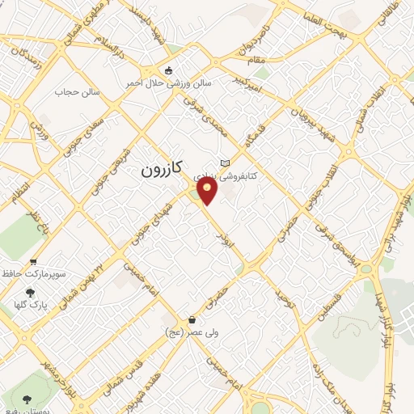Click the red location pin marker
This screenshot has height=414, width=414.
coord(208,191)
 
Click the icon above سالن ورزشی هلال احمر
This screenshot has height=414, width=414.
coord(168,71)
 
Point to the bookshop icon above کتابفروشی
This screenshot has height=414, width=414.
coord(236,161)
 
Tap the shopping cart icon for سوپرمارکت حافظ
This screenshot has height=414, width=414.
coord(33,261)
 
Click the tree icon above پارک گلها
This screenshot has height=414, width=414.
coord(31,292)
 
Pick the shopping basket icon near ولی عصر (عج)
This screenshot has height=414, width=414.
coord(191,319)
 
